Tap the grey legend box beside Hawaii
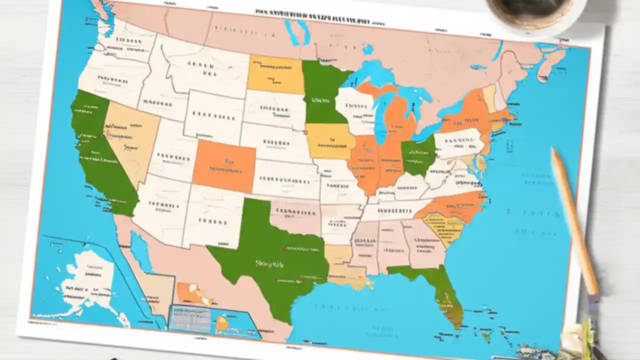click(x=190, y=318)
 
